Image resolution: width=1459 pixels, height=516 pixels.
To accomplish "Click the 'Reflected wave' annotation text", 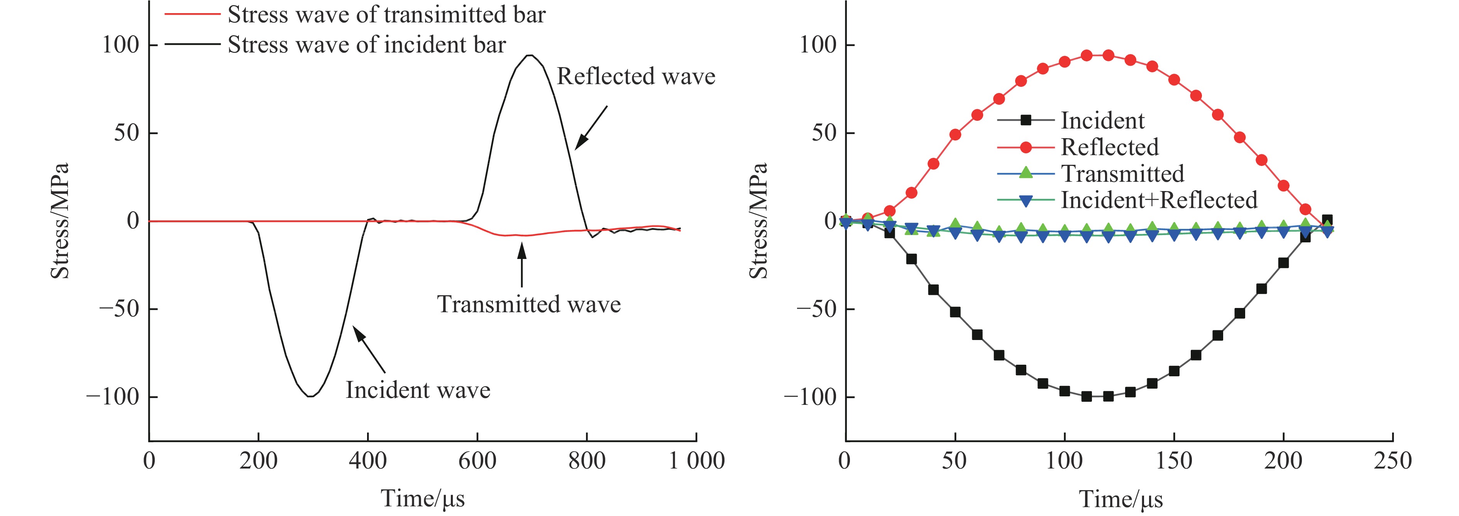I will [635, 76].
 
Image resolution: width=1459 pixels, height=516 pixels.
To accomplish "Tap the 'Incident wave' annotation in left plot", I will [418, 390].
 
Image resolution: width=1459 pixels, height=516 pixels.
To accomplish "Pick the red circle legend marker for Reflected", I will [1026, 147].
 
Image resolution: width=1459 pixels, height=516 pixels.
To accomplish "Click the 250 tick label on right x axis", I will [1393, 460].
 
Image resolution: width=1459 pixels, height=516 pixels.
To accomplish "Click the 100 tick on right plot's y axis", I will [817, 45].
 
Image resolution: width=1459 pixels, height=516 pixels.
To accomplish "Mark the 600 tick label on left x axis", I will [477, 460].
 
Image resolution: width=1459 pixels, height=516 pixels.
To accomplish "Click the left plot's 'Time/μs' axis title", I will [423, 499].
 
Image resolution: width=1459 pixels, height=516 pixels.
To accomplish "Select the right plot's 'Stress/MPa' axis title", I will [758, 221].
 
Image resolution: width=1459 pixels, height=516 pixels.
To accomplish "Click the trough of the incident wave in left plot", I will [310, 396].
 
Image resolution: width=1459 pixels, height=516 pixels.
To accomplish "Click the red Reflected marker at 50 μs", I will [955, 135].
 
